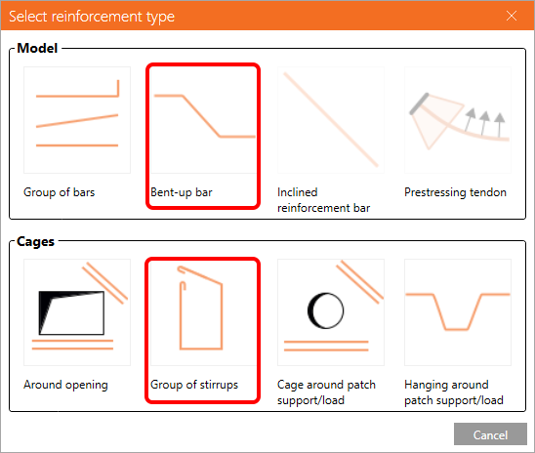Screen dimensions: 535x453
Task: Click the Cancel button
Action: (x=490, y=434)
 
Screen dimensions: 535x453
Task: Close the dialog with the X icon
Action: (x=512, y=16)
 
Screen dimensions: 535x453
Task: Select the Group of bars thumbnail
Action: (x=77, y=120)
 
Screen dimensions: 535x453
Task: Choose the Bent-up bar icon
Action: (x=204, y=120)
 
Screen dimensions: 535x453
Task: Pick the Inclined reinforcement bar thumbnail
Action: (x=331, y=120)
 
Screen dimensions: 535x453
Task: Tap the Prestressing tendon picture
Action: (x=458, y=120)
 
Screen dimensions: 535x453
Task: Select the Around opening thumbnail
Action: (x=77, y=312)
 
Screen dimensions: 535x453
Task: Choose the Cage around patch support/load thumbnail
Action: (x=331, y=312)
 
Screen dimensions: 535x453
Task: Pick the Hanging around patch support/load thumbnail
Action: (x=458, y=312)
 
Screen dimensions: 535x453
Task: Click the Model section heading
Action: (x=37, y=48)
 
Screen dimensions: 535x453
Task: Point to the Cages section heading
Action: (x=35, y=241)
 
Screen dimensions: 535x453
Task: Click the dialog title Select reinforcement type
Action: (x=92, y=17)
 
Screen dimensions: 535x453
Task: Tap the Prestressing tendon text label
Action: (x=455, y=192)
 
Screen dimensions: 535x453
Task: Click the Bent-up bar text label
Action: (x=182, y=192)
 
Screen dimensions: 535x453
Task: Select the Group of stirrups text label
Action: (x=194, y=385)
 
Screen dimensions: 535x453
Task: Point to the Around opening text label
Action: (x=65, y=385)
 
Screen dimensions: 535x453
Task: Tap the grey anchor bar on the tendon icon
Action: (x=420, y=103)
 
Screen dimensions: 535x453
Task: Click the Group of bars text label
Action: (x=59, y=192)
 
